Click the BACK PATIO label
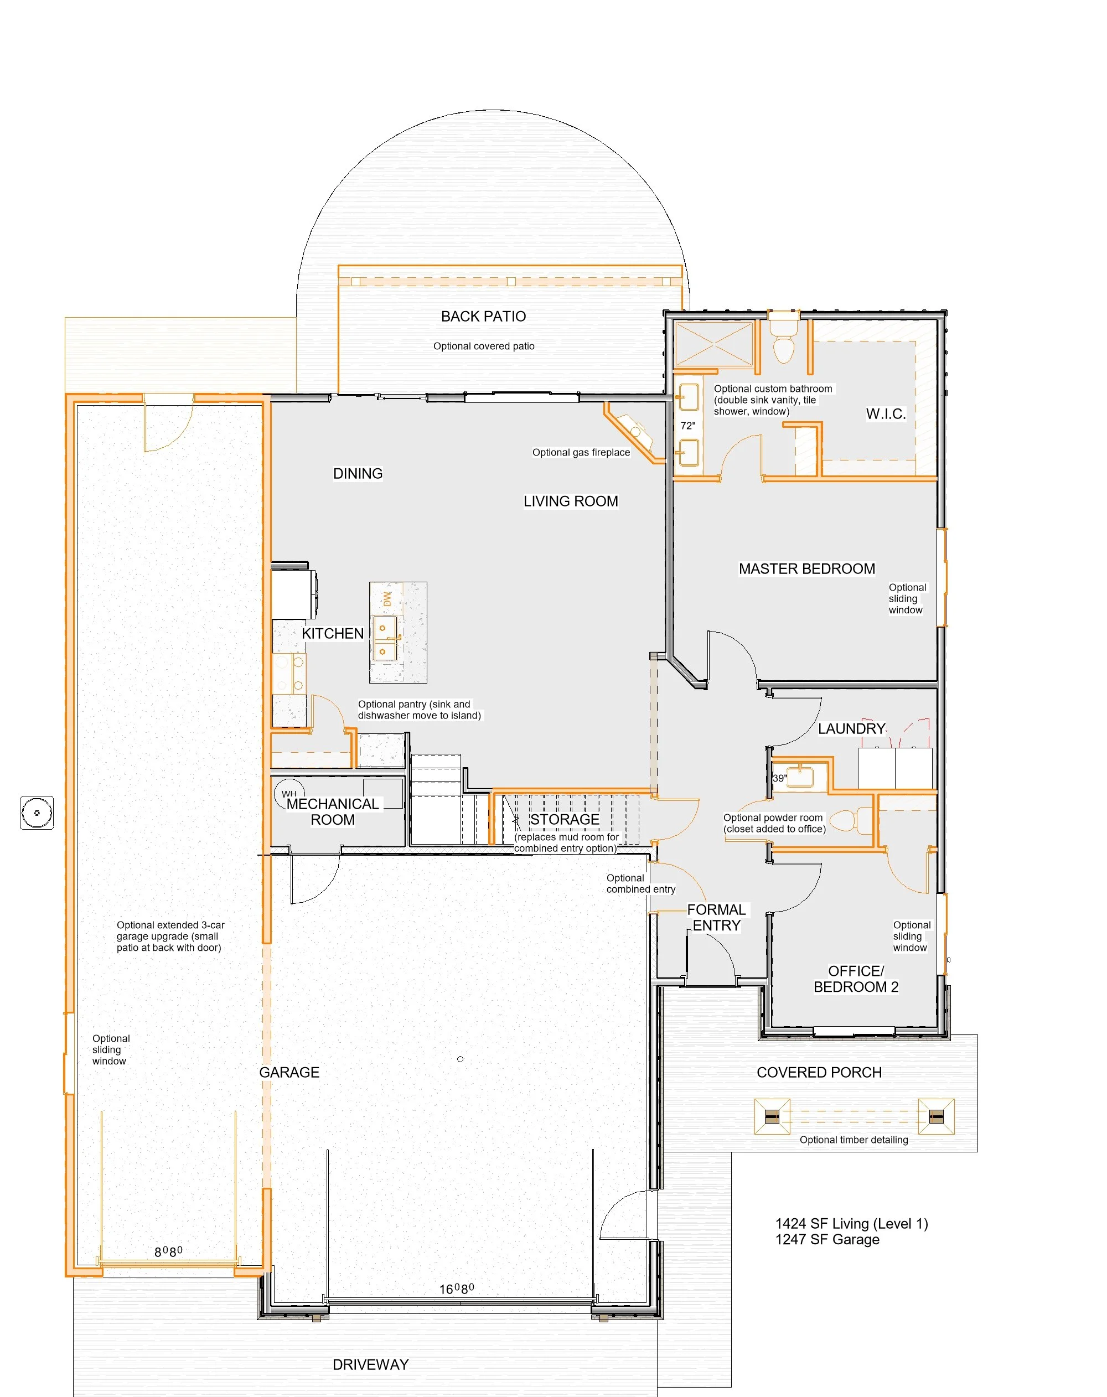point(484,316)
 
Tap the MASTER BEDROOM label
point(807,568)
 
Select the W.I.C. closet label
point(886,414)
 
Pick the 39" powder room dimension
point(780,778)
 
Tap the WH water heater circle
point(289,793)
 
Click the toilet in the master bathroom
point(784,340)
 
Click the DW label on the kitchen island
point(387,599)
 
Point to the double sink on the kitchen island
point(385,638)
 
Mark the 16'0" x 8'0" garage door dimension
point(457,1289)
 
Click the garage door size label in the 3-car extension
point(168,1251)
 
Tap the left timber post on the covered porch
point(772,1116)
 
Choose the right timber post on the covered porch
point(937,1116)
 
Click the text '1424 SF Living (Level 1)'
point(852,1223)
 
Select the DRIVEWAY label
point(371,1364)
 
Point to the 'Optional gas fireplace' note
point(581,452)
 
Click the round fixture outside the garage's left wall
point(37,813)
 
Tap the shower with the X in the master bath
point(714,345)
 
